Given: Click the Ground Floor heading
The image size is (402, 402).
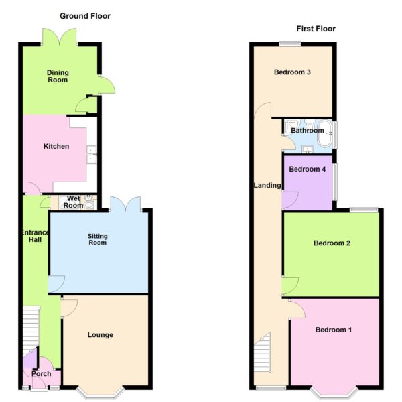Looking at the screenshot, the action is click(x=85, y=16).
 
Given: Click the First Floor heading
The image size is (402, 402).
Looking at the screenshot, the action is click(x=316, y=29).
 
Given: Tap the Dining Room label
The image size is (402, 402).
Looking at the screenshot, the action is click(x=58, y=76).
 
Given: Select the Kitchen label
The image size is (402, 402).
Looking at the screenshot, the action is click(x=56, y=146).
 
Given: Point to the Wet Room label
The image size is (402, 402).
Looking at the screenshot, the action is click(x=73, y=202).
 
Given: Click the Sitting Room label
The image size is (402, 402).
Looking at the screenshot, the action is click(x=97, y=239).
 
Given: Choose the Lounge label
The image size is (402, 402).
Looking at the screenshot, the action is click(x=100, y=335).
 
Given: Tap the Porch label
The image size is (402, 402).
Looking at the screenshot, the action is click(x=42, y=374).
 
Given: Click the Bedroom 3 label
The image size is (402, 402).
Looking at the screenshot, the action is click(x=292, y=72).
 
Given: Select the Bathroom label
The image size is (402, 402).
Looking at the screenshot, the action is click(x=307, y=131).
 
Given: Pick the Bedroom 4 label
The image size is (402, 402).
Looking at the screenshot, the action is click(x=307, y=170).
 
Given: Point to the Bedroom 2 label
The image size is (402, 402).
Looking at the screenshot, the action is click(x=332, y=243).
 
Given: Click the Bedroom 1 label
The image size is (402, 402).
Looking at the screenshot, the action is click(x=333, y=330).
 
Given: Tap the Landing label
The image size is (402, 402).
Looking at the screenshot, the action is click(x=267, y=185).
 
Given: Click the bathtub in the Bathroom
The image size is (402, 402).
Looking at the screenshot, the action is click(x=325, y=134).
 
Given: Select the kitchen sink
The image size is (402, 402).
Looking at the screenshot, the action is click(x=92, y=154).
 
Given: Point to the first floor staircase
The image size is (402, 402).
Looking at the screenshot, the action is click(x=263, y=352).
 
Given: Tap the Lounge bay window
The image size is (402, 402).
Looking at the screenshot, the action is click(x=100, y=393).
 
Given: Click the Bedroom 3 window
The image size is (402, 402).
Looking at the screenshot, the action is click(x=290, y=44).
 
